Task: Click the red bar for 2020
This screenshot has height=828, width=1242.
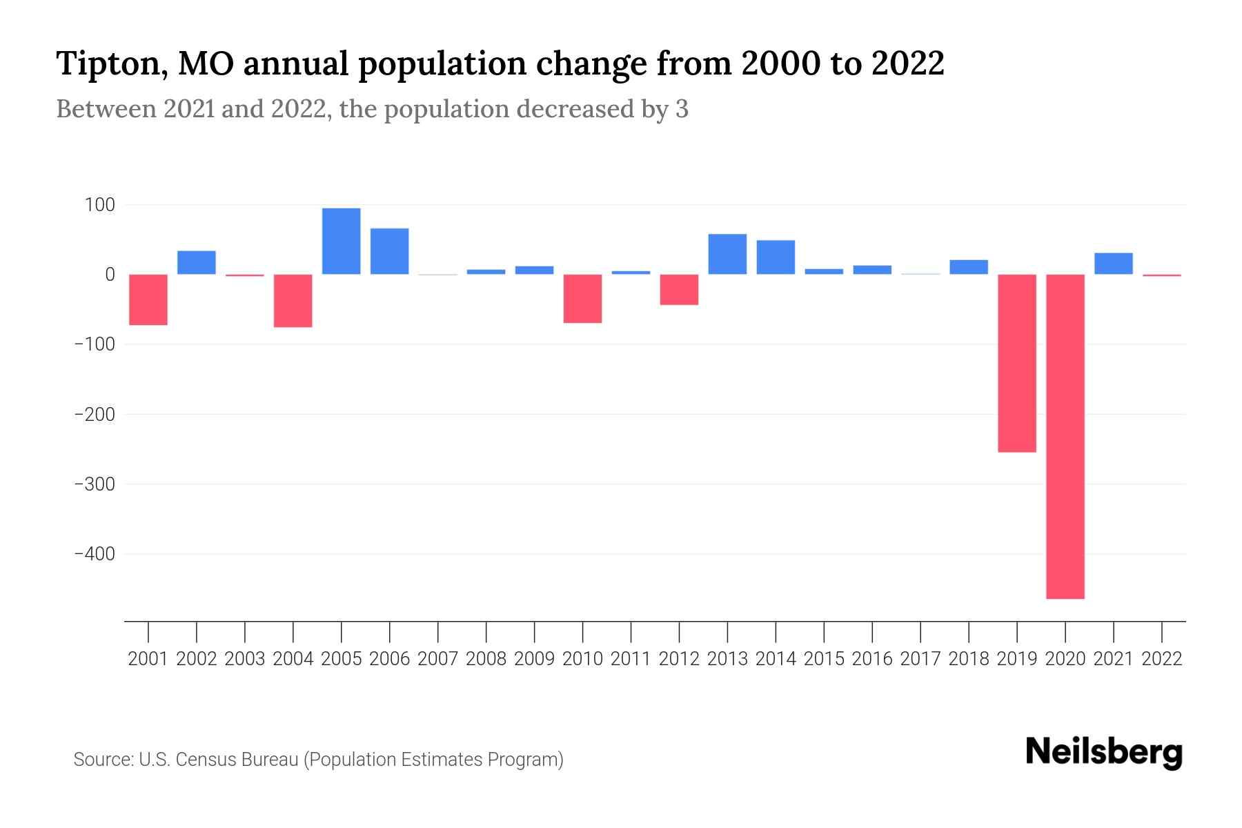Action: [1065, 436]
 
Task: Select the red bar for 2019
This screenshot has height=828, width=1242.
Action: [1017, 363]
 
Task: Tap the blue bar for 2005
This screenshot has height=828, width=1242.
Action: [342, 241]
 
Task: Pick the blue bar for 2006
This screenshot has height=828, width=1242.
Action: [390, 251]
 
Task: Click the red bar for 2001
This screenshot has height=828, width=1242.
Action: [148, 299]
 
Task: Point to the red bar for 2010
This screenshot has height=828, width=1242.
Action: [582, 298]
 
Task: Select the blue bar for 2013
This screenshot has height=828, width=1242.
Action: [727, 254]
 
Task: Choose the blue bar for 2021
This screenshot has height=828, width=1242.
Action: [1114, 264]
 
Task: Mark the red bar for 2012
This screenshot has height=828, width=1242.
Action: [679, 289]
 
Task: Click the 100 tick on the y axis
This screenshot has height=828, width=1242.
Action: [101, 205]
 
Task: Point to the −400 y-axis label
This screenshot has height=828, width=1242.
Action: [95, 554]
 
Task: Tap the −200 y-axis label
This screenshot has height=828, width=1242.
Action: [95, 415]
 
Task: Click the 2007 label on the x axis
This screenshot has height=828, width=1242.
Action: [438, 659]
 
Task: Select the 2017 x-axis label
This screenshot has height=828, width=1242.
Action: [920, 659]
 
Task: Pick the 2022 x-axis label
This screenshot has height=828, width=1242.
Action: [1162, 659]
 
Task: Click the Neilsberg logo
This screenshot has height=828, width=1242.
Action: [1104, 752]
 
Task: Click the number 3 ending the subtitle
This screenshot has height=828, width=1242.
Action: [682, 109]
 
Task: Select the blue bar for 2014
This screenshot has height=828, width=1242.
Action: [776, 257]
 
